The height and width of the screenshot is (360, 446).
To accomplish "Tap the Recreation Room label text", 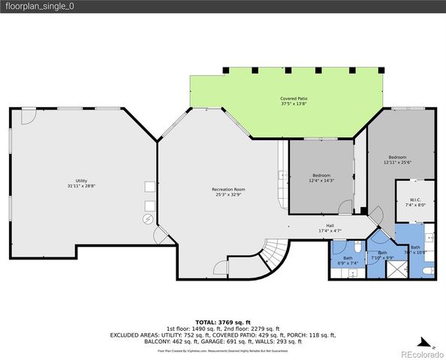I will click(228, 190).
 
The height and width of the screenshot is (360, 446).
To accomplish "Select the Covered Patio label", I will click(294, 99).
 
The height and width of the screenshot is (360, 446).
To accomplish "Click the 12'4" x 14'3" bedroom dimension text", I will click(321, 180).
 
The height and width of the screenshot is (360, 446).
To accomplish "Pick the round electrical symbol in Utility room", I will click(148, 219).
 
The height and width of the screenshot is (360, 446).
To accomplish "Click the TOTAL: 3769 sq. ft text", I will click(222, 320).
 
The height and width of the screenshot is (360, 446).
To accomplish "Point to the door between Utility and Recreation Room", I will click(160, 236).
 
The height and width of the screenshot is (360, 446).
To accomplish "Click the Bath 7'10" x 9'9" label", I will click(382, 255).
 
